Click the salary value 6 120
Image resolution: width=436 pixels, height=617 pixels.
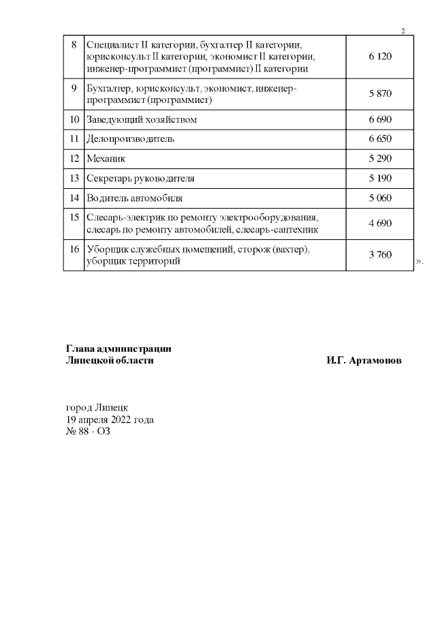coord(380,57)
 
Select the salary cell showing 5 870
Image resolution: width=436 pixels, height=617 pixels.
coord(380,95)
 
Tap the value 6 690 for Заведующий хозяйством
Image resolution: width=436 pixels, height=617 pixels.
coord(380,120)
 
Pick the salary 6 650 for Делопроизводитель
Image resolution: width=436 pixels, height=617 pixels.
coord(380,139)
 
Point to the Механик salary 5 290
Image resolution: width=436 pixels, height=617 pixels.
coord(380,159)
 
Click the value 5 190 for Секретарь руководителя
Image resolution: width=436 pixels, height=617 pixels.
coord(380,179)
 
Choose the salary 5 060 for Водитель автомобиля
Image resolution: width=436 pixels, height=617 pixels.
coord(380,198)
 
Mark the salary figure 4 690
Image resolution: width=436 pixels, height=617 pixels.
coord(380,224)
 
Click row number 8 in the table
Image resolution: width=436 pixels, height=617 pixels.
coord(74,45)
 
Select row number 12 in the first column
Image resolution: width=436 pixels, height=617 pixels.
coord(74,159)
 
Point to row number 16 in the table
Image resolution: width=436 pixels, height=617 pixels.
coord(74,250)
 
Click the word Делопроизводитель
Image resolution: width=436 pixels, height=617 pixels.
coord(131,139)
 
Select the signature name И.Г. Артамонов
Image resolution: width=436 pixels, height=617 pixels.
coord(364,360)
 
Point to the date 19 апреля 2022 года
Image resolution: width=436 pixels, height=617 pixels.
coord(109,419)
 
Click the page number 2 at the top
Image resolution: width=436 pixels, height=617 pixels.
coord(403,31)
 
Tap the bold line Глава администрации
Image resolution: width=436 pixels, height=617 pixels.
coord(118,348)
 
